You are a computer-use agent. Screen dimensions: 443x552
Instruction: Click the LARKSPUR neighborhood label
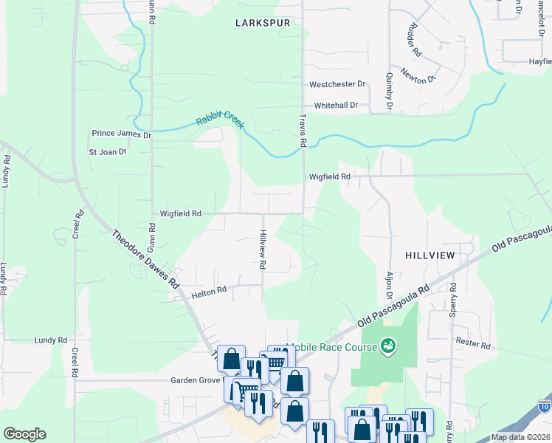click(x=262, y=23)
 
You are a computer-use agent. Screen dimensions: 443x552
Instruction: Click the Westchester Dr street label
click(x=337, y=85)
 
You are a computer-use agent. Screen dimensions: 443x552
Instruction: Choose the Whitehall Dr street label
click(x=335, y=106)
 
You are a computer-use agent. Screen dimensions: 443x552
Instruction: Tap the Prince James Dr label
click(x=121, y=134)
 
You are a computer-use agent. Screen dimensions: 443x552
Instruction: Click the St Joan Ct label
click(x=108, y=152)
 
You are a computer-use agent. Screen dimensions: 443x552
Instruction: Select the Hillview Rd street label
click(x=262, y=249)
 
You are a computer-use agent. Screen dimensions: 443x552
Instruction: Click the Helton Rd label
click(x=207, y=293)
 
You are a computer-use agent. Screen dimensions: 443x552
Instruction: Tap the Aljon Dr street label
click(x=389, y=285)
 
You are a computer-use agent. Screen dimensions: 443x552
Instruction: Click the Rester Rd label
click(x=473, y=345)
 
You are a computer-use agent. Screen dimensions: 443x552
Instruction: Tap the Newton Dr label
click(x=419, y=74)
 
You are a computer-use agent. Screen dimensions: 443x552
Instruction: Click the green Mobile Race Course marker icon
click(x=387, y=346)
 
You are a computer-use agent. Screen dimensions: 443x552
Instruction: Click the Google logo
click(x=24, y=434)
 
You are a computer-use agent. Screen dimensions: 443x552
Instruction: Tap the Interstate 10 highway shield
click(x=545, y=406)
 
